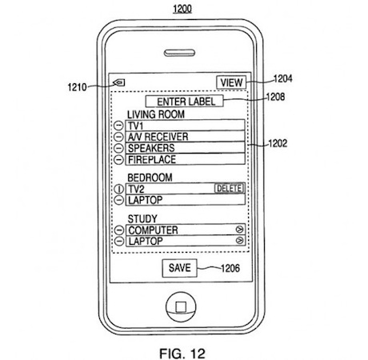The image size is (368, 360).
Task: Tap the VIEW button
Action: click(231, 82)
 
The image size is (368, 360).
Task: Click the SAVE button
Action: click(179, 268)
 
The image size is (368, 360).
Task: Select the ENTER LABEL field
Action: click(185, 102)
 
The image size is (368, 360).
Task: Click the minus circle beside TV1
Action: click(118, 126)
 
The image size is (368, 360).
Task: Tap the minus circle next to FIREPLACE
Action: click(118, 159)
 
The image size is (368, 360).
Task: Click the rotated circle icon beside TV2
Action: click(119, 189)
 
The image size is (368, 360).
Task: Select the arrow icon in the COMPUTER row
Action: click(239, 230)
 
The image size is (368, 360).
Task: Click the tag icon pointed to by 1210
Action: click(119, 83)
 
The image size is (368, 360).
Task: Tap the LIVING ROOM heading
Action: click(156, 114)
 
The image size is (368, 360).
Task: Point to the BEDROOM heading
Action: click(150, 178)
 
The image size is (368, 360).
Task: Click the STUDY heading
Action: click(142, 219)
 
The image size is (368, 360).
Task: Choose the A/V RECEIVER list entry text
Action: click(158, 137)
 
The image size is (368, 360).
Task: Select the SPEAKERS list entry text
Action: click(151, 148)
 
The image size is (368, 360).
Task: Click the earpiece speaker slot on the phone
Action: click(179, 53)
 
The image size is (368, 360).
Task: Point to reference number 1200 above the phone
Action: click(182, 9)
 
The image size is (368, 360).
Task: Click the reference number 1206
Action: click(230, 268)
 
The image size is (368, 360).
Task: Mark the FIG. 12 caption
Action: click(182, 354)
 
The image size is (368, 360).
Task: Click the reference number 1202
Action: click(278, 143)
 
